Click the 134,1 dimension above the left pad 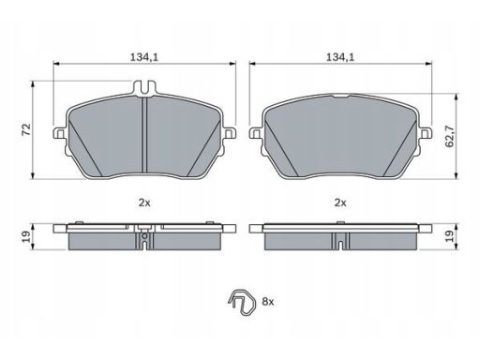pyautogui.click(x=144, y=57)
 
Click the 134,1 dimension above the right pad pyautogui.click(x=340, y=57)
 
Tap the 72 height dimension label pyautogui.click(x=26, y=129)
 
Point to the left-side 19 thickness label pyautogui.click(x=26, y=237)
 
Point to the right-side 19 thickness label pyautogui.click(x=450, y=236)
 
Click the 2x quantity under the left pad pyautogui.click(x=144, y=202)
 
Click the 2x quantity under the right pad pyautogui.click(x=340, y=202)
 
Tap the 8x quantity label pyautogui.click(x=268, y=302)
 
